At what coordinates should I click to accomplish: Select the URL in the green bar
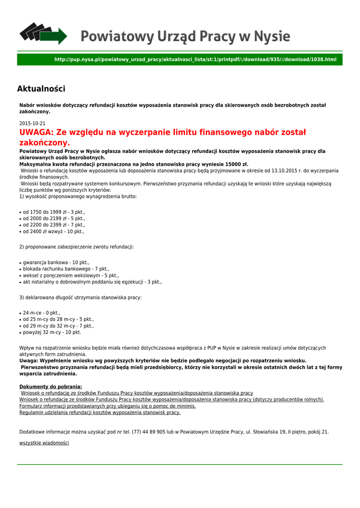point(195,60)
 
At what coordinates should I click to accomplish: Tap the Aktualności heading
point(41,89)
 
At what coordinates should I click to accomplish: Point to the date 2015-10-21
point(32,124)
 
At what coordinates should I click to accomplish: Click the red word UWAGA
point(36,132)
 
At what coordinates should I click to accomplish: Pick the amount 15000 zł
point(233,164)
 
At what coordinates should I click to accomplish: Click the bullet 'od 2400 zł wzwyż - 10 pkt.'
point(54,231)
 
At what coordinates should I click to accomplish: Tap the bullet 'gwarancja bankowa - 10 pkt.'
point(56,262)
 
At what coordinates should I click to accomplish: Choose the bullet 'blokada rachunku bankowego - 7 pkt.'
point(66,269)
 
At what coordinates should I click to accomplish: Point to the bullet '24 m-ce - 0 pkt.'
point(41,313)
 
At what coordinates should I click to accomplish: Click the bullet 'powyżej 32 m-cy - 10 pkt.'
point(52,332)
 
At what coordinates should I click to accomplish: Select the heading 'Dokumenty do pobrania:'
point(51,386)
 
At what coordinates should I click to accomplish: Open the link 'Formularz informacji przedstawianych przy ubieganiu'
point(108,406)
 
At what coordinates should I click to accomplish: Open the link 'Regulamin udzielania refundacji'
point(100,412)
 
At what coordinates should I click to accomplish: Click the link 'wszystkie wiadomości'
point(44,443)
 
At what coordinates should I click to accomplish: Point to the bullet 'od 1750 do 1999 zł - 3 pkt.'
point(54,212)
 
